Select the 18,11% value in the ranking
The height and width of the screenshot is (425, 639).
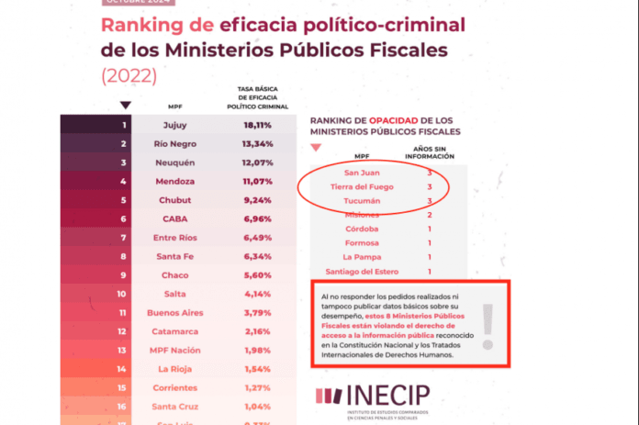[259, 125]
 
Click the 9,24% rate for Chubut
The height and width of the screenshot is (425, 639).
[259, 200]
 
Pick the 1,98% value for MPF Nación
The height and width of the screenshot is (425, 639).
[259, 350]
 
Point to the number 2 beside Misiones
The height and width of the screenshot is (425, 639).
[430, 214]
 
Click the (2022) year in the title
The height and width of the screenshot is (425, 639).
[129, 74]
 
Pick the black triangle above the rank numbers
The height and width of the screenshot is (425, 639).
[125, 105]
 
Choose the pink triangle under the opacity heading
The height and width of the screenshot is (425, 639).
[317, 147]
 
